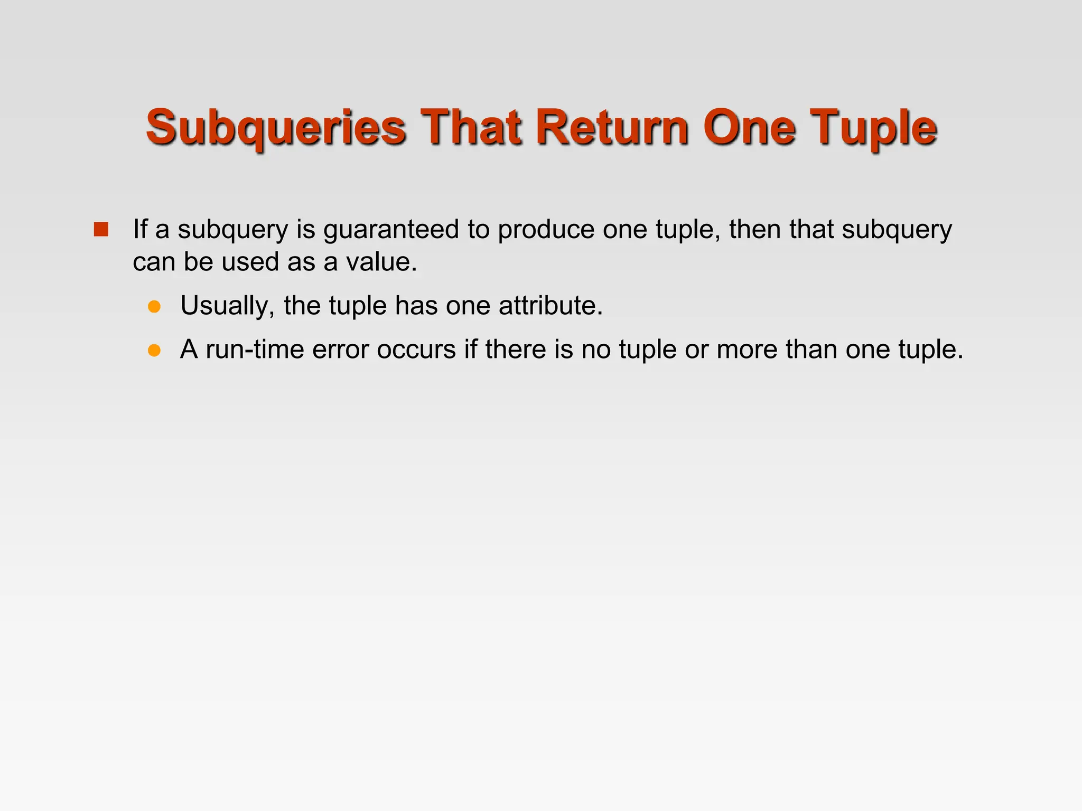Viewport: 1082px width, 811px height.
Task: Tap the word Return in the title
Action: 612,127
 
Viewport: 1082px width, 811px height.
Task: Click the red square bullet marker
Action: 101,230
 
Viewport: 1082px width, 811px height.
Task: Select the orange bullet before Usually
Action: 154,306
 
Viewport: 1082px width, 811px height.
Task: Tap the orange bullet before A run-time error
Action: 154,350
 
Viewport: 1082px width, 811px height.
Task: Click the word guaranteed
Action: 391,230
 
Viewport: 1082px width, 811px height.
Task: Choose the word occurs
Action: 416,350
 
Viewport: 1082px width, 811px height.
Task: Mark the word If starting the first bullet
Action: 139,230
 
